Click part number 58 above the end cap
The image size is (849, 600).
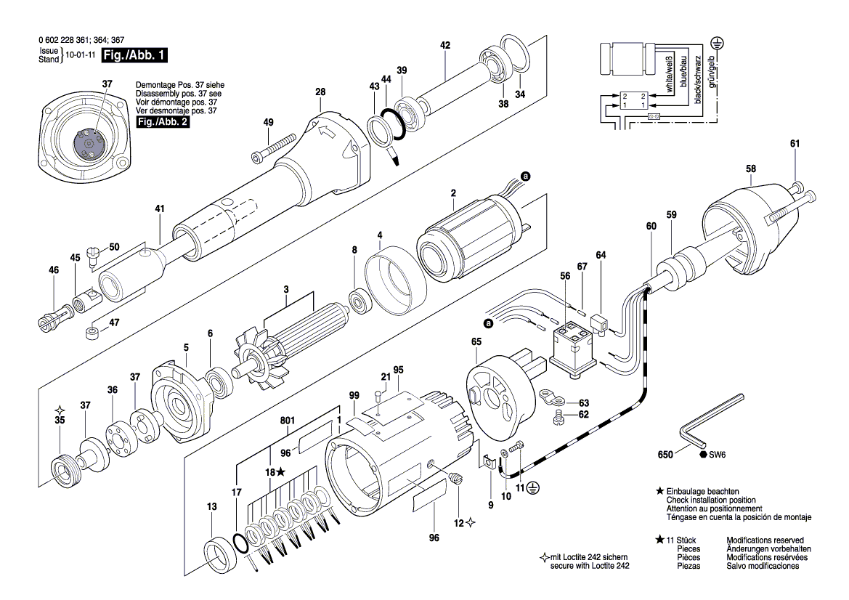[x=750, y=169]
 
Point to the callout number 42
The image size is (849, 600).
[x=445, y=45]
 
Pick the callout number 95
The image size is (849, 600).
[x=398, y=369]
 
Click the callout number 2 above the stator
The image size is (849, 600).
[x=453, y=193]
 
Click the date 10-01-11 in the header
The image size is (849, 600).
[x=81, y=54]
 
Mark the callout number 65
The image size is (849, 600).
[x=476, y=341]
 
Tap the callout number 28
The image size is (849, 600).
[x=320, y=92]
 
